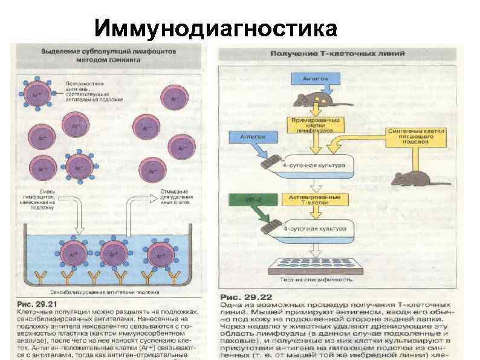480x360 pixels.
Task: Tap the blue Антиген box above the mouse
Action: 312,79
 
